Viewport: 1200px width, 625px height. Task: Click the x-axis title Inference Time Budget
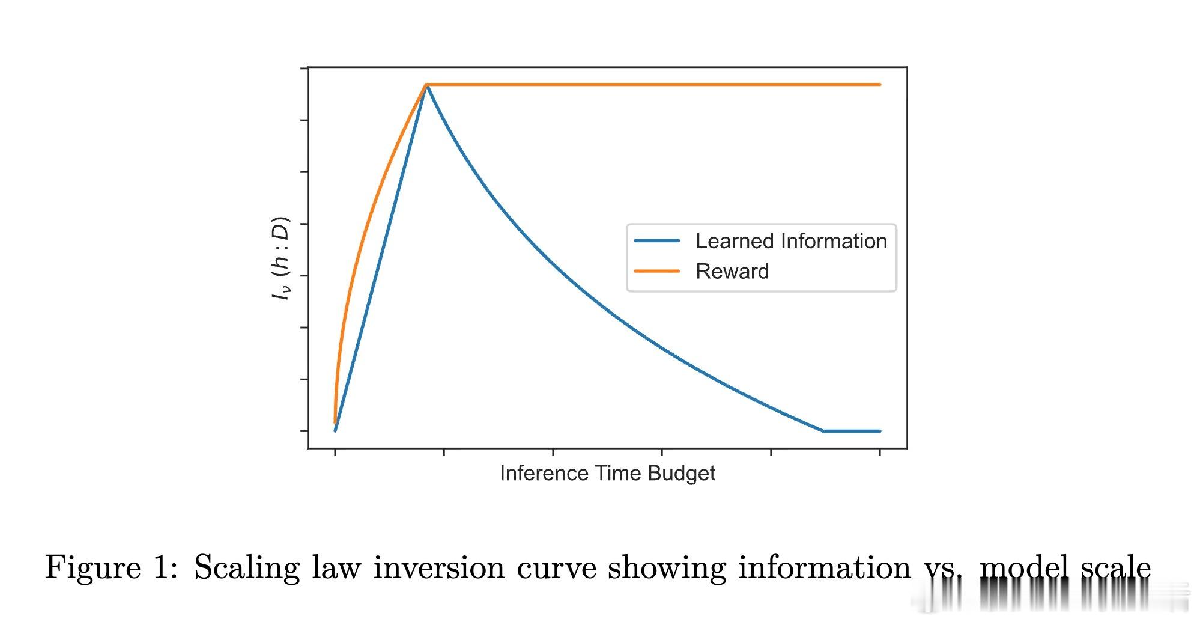(607, 474)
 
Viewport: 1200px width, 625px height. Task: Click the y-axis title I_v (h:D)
(280, 258)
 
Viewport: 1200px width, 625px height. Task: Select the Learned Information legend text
(791, 241)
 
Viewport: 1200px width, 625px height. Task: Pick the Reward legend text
(732, 272)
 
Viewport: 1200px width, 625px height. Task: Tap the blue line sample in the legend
(657, 241)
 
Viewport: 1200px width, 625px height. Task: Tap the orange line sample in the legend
(657, 272)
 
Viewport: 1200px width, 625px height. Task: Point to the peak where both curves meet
(426, 85)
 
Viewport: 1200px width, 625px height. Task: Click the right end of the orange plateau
(880, 85)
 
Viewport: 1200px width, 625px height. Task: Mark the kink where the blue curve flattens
(823, 431)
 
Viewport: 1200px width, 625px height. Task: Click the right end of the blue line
(880, 431)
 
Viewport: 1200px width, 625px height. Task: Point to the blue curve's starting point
(335, 430)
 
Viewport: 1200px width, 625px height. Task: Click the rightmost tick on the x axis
(880, 452)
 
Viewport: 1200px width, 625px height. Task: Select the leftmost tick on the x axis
(335, 452)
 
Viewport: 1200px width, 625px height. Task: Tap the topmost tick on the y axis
(304, 69)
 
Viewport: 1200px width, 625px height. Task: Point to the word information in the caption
(824, 567)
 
